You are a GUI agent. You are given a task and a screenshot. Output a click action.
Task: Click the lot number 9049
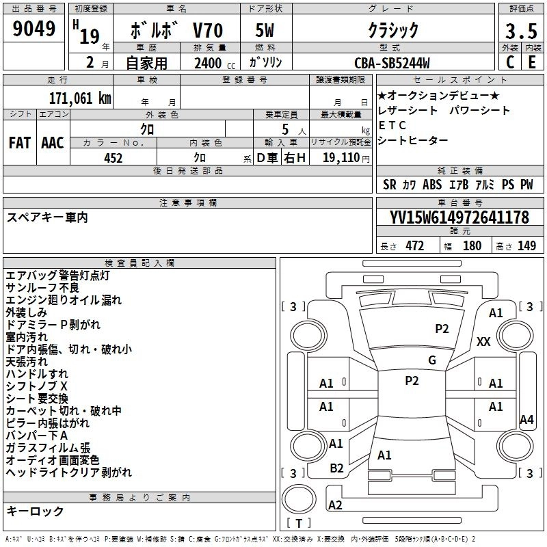(x=34, y=29)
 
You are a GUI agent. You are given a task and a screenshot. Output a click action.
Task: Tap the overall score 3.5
(x=520, y=31)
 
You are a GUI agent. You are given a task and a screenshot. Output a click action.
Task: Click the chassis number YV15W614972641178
(x=459, y=218)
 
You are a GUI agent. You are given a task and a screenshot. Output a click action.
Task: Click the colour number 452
(x=113, y=158)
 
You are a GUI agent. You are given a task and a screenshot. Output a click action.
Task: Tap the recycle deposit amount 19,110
(x=341, y=158)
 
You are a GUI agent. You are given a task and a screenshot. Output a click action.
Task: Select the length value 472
(x=415, y=246)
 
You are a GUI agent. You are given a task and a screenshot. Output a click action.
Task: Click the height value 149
(x=526, y=246)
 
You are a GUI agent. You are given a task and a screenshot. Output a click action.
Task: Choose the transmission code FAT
(x=19, y=143)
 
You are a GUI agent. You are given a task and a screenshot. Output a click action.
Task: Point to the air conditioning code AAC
(x=53, y=143)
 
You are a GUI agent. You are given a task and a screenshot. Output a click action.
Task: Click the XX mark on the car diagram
(x=483, y=341)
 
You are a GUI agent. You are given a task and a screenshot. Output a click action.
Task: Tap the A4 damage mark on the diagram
(x=526, y=420)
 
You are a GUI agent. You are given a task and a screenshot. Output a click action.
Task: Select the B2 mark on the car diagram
(x=336, y=468)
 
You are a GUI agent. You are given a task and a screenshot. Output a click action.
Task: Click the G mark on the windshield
(x=431, y=360)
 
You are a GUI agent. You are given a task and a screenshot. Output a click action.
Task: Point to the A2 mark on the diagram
(x=335, y=505)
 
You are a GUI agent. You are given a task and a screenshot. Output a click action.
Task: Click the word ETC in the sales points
(x=392, y=125)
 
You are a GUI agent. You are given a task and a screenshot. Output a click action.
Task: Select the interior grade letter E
(x=532, y=62)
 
